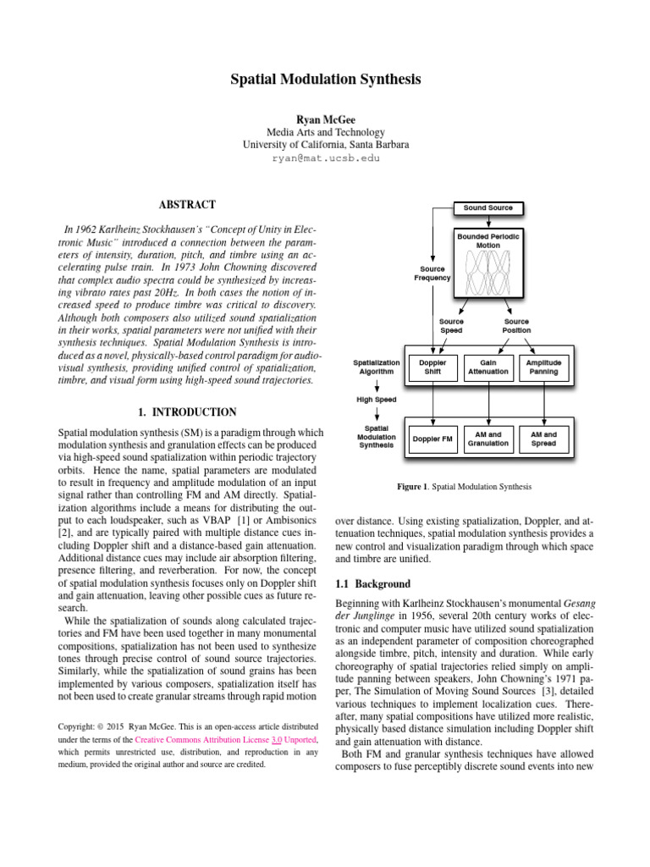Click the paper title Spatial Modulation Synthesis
tap(325, 80)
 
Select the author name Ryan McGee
tap(325, 118)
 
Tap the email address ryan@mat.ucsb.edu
tap(325, 158)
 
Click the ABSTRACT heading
tap(187, 205)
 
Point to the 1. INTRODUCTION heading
tap(187, 412)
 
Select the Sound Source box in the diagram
tap(487, 207)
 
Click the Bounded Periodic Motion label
tap(488, 240)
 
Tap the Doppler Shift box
tap(432, 367)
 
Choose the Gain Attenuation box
tap(488, 367)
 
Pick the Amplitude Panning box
tap(543, 367)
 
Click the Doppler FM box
tap(432, 439)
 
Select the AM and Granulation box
tap(488, 439)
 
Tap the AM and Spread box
tap(543, 439)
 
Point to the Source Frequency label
tap(432, 273)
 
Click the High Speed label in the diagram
tap(376, 399)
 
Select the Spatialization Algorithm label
tap(376, 367)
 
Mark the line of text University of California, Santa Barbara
tap(325, 145)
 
